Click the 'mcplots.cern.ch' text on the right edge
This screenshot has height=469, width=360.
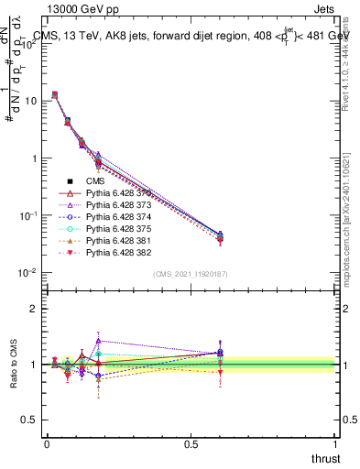tap(352, 275)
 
